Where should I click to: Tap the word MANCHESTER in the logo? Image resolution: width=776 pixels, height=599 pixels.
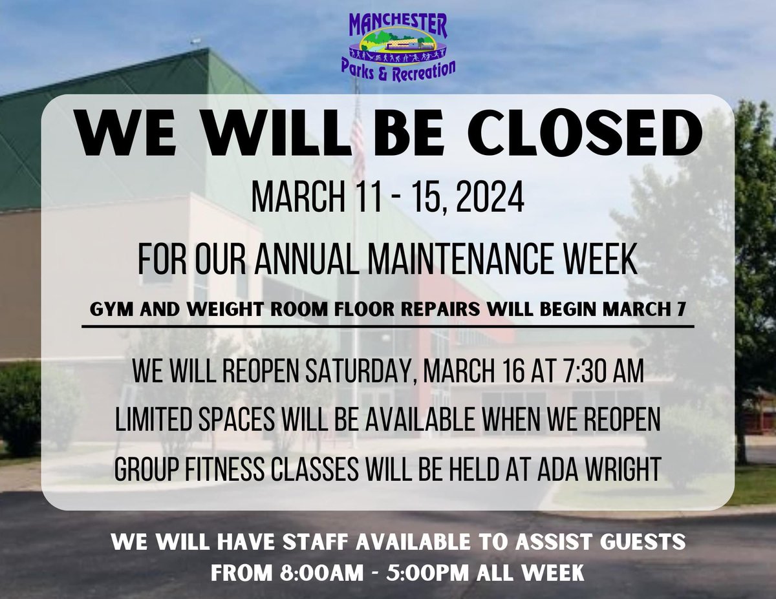click(398, 25)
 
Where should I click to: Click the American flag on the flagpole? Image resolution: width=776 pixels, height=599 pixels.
click(357, 139)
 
